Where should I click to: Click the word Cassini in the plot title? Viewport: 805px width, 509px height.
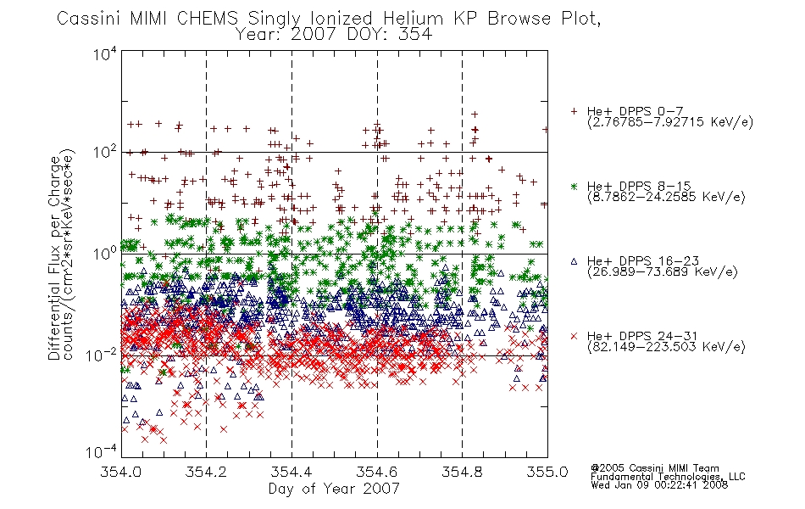click(x=89, y=19)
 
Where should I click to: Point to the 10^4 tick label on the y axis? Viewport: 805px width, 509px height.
click(x=105, y=54)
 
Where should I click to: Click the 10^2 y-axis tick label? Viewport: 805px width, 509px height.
click(x=105, y=153)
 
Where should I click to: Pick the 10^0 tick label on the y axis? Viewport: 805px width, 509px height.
click(x=105, y=254)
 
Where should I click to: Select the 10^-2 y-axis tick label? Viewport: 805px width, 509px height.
click(x=103, y=355)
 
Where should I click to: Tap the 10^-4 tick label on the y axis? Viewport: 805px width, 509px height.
click(x=103, y=452)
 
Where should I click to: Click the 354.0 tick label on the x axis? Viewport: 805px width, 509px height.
click(x=121, y=472)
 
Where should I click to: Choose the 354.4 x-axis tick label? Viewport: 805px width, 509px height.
click(x=291, y=472)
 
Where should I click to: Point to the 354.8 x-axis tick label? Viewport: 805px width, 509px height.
click(x=462, y=472)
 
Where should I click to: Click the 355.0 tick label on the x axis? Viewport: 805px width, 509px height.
click(x=547, y=472)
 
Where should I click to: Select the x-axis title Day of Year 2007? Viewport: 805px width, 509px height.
click(x=334, y=489)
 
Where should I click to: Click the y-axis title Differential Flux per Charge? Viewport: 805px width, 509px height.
click(x=54, y=258)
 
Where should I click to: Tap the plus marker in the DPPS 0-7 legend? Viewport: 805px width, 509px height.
click(x=575, y=111)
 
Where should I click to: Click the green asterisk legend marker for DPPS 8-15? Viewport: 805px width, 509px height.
click(x=575, y=186)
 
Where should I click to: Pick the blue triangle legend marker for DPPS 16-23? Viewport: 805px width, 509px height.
click(x=575, y=261)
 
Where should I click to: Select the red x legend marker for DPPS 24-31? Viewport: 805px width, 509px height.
click(x=575, y=336)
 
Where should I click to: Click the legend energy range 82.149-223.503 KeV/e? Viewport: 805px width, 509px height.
click(x=666, y=347)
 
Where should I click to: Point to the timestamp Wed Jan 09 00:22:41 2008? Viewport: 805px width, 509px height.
click(x=659, y=485)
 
